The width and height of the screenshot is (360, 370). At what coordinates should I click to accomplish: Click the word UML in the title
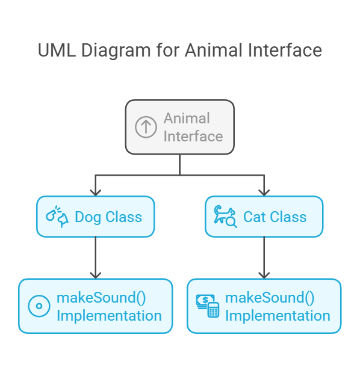[x=57, y=51]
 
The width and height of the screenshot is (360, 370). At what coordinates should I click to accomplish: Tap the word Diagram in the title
[x=116, y=51]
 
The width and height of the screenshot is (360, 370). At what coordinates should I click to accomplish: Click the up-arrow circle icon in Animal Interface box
[x=146, y=127]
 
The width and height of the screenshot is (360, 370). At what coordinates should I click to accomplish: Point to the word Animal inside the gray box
[x=187, y=118]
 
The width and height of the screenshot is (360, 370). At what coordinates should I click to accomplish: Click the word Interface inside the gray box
[x=193, y=137]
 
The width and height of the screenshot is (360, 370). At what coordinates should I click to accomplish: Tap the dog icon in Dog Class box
[x=57, y=217]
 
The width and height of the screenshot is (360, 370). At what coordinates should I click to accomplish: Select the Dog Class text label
[x=108, y=217]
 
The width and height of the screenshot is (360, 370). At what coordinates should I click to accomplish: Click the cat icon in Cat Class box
[x=225, y=217]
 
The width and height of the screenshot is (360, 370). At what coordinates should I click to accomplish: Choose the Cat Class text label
[x=275, y=217]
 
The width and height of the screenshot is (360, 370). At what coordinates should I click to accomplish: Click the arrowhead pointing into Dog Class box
[x=95, y=193]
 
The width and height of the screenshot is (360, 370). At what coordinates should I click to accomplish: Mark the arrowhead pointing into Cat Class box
[x=264, y=193]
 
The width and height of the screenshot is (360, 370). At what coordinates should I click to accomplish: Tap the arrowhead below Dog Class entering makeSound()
[x=95, y=276]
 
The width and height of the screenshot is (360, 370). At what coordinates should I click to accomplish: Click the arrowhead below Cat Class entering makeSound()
[x=264, y=276]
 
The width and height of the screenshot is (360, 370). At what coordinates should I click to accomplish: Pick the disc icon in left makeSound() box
[x=39, y=306]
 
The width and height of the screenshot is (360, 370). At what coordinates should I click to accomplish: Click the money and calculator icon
[x=208, y=306]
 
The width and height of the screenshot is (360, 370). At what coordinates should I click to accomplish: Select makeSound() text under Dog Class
[x=101, y=298]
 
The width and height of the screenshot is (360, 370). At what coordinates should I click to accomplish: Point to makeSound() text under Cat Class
[x=270, y=298]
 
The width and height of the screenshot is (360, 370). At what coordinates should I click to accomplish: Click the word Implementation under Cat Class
[x=278, y=316]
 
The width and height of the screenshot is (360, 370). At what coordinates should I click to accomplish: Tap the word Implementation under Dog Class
[x=110, y=316]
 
